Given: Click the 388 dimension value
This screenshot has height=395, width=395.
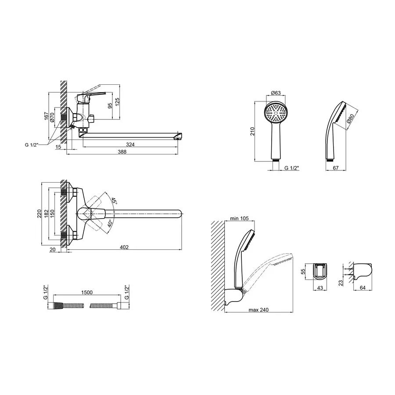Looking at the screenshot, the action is coord(122,152).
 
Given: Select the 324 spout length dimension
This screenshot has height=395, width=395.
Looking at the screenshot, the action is coord(130,144).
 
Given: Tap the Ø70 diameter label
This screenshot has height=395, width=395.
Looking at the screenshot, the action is coord(52,117).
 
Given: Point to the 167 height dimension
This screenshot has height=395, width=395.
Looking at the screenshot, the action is coord(47,116).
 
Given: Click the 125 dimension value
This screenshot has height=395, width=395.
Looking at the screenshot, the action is coord(117,102).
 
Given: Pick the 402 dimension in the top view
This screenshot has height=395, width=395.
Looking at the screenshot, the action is coord(124,247).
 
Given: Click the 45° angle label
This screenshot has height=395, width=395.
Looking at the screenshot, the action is coord(114,201).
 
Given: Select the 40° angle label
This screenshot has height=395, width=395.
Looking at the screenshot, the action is coord(110,223).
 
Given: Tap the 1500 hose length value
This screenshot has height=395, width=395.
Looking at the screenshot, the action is coord(87,292).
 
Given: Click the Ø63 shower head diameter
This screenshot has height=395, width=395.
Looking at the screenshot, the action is coord(276,93).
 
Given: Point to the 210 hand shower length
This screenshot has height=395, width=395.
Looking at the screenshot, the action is coord(252,131).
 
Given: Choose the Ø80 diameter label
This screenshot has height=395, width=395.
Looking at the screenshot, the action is coord(350,118).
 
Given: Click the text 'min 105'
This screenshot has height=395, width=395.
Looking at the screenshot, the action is coord(239,218).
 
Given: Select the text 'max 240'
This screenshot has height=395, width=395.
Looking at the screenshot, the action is coord(259,309).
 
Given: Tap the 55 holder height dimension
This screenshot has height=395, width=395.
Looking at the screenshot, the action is coord(303,271).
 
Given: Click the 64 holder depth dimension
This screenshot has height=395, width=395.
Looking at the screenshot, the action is coord(363,287).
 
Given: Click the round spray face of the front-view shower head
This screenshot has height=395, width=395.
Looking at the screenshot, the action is coord(276,113).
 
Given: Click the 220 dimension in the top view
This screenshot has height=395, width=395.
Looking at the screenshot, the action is coord(39,214).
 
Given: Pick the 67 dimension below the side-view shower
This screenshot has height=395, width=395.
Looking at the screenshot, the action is coord(336,168).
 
